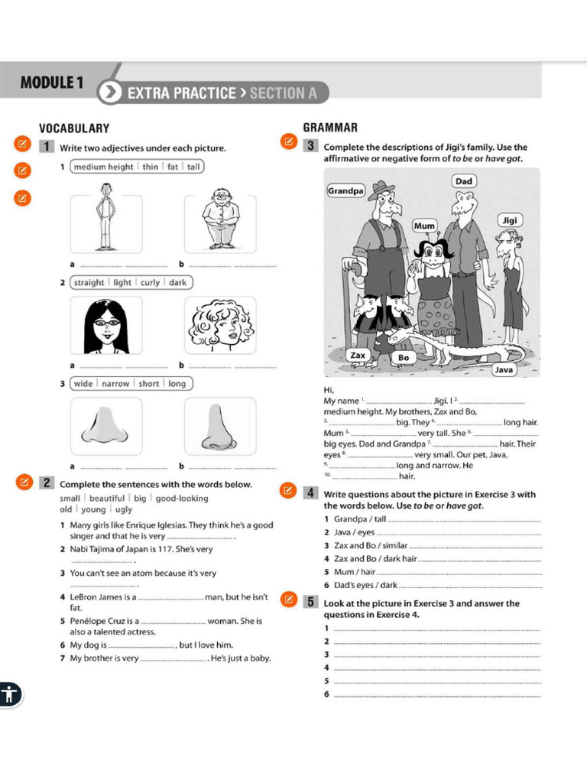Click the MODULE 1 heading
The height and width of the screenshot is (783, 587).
52,83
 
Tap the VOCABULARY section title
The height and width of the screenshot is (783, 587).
74,128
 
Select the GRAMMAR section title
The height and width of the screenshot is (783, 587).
330,127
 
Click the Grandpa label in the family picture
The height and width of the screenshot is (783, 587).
346,190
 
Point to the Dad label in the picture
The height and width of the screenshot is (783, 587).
464,181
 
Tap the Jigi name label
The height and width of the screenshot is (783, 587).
510,220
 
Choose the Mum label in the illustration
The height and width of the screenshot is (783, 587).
424,226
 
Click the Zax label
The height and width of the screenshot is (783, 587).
358,356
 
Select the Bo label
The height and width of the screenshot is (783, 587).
404,357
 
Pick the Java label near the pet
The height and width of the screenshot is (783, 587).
504,369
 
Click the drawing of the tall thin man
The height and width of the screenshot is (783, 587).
105,221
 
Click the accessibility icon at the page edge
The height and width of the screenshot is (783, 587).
9,695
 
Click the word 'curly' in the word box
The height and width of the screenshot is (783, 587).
150,282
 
